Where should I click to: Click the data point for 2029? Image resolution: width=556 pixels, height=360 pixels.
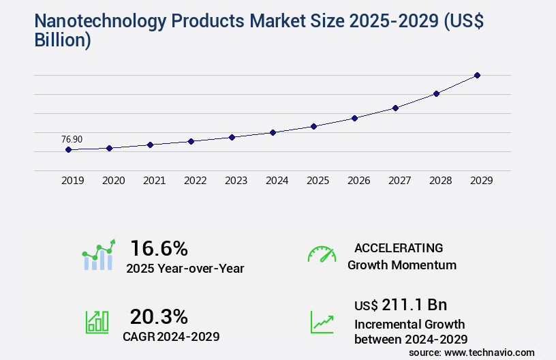(x=477, y=75)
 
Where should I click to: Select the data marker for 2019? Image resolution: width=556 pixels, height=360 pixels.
(x=68, y=149)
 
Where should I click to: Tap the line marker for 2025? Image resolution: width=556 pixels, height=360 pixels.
(x=313, y=126)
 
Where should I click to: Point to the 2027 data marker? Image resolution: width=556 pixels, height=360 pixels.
(x=395, y=108)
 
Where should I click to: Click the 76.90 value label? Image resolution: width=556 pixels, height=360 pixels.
(x=72, y=139)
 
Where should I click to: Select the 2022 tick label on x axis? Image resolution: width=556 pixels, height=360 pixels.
(x=195, y=181)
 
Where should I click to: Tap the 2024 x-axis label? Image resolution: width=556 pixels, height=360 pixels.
(x=277, y=181)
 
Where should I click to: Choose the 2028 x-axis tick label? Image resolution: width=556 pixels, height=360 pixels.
(x=440, y=181)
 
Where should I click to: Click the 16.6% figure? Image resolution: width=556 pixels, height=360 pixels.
(x=159, y=248)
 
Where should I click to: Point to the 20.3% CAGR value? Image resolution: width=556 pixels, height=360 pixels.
(x=159, y=316)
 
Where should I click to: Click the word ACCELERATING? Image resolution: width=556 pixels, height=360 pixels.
(x=399, y=248)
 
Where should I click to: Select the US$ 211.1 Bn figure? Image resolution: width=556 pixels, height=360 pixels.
(x=401, y=304)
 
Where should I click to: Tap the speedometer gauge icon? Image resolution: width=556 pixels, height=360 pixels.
(x=322, y=254)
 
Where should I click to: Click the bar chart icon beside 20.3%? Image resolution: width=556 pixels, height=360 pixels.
(x=97, y=322)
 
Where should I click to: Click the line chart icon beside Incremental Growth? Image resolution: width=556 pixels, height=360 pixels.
(x=322, y=322)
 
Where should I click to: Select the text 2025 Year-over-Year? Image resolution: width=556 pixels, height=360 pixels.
(x=185, y=269)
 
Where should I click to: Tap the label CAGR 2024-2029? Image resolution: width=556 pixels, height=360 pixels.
(x=171, y=336)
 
